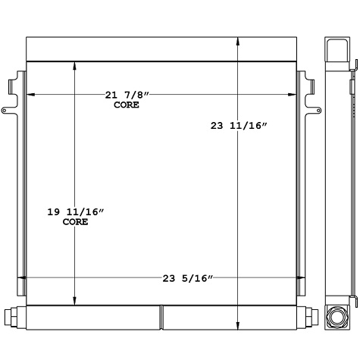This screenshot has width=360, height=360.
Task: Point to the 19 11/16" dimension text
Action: pos(75,213)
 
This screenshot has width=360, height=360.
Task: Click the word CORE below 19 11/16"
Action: pos(75,223)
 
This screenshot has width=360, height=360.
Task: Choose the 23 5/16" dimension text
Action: pos(187,278)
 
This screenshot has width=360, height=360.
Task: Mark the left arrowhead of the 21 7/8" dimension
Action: pos(30,95)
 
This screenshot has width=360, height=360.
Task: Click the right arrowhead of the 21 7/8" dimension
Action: pos(292,95)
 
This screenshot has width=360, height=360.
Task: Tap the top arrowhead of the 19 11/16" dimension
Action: pos(74,66)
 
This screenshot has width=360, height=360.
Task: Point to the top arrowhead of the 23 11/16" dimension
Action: pos(239,39)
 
